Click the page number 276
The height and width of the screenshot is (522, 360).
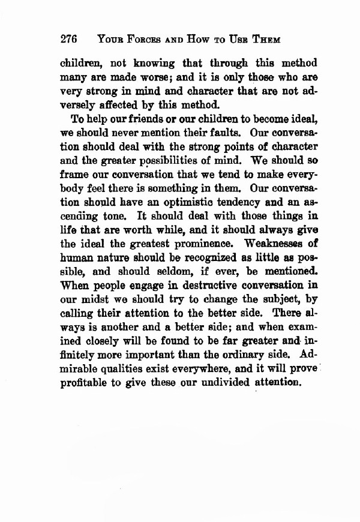[x=70, y=40]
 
